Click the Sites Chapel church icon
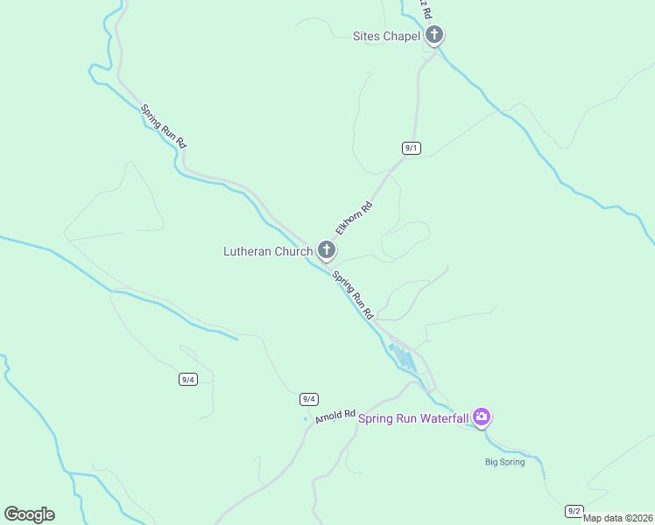(434, 36)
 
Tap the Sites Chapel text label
(386, 37)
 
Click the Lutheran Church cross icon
(326, 251)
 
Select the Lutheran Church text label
(267, 252)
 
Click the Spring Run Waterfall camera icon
(481, 417)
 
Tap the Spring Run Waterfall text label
(413, 418)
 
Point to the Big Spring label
(505, 462)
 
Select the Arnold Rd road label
(335, 416)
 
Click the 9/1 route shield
(412, 148)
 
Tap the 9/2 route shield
(574, 510)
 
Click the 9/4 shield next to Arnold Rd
(308, 399)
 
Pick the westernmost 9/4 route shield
(187, 379)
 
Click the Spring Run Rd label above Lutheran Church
(164, 126)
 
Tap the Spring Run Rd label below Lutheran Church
(354, 293)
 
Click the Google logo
(29, 514)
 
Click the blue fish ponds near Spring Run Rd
(402, 355)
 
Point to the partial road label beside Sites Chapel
(425, 9)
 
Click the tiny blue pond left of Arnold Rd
(306, 419)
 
